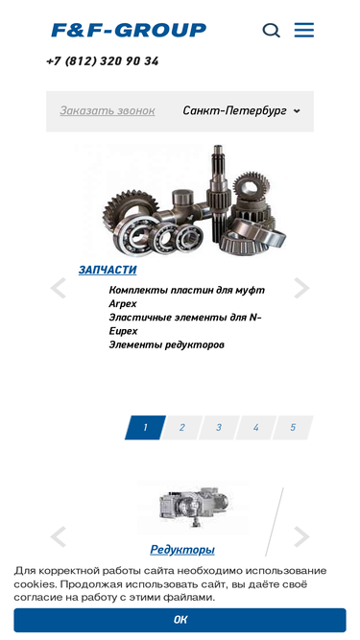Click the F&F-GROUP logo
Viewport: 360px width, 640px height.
(x=129, y=30)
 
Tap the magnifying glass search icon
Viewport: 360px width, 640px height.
(x=271, y=30)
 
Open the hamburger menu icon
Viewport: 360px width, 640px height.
(x=304, y=30)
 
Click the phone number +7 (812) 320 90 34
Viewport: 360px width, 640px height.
(x=103, y=61)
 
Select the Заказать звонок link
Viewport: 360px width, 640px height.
(x=108, y=110)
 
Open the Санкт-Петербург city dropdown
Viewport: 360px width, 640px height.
(x=241, y=110)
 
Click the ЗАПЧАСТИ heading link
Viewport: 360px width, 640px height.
(x=108, y=270)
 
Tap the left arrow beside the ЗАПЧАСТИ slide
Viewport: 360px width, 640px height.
(x=59, y=288)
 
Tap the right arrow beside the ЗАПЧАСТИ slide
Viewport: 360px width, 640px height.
(x=301, y=288)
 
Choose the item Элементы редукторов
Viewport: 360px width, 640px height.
(x=166, y=344)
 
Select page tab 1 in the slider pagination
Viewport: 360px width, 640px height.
(x=145, y=427)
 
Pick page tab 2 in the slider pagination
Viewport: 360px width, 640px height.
(x=182, y=427)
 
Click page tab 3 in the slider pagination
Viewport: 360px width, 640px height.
(x=219, y=427)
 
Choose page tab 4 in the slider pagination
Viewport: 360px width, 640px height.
(x=256, y=427)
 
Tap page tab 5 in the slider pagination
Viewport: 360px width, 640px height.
(x=293, y=427)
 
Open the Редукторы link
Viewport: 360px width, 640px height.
(x=182, y=550)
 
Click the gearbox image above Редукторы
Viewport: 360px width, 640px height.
(x=193, y=509)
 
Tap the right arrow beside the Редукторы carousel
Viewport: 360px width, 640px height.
(x=301, y=536)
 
